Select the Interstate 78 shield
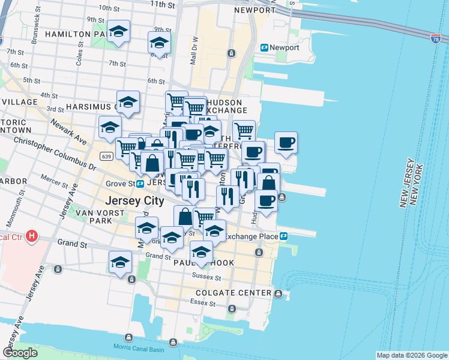point(436,39)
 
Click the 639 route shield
point(106,157)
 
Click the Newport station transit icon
point(264,47)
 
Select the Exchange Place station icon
point(283,236)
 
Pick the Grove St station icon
point(140,183)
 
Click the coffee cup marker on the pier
point(286,143)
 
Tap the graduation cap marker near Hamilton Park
point(119,31)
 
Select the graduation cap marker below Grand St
point(120,262)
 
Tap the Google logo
point(20,353)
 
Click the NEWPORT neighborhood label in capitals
point(255,10)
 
